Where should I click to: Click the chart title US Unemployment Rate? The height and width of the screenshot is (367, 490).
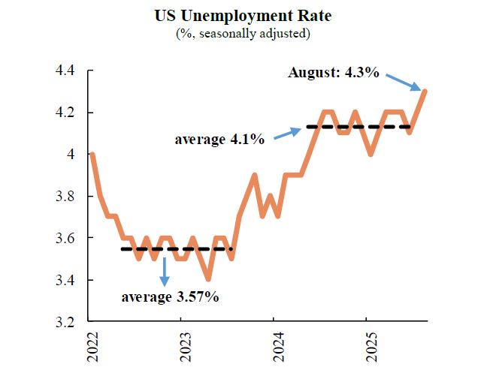(x=244, y=15)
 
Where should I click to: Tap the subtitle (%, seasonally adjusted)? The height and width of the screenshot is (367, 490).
(x=244, y=33)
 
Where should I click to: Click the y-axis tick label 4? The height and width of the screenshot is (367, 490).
(x=71, y=155)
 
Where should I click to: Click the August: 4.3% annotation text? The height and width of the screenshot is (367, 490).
(x=334, y=73)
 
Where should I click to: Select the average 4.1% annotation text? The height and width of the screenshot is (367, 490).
(x=219, y=140)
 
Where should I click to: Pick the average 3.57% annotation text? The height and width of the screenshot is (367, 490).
(x=171, y=297)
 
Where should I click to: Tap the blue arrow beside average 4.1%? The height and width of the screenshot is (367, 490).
(x=286, y=134)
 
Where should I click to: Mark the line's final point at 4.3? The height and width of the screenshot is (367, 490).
(x=425, y=91)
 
